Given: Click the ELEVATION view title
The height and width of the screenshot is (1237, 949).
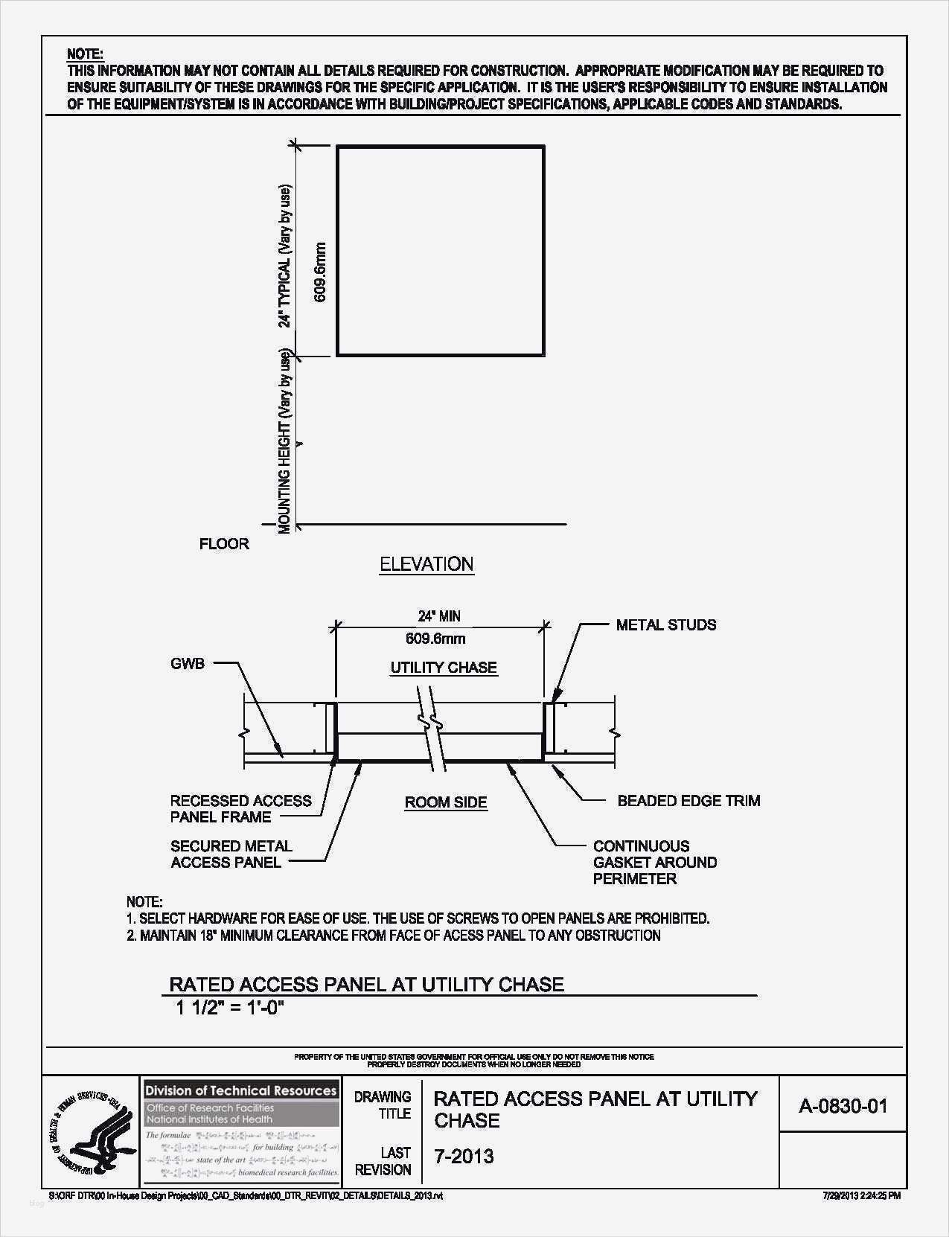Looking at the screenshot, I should click(x=426, y=564).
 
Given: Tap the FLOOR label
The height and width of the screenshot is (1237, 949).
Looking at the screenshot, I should click(x=224, y=544).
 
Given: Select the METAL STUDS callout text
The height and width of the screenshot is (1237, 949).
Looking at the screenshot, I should click(x=666, y=625).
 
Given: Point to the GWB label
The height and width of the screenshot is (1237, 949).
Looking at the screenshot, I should click(x=187, y=663).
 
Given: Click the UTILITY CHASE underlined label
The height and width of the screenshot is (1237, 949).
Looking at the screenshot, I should click(x=444, y=668).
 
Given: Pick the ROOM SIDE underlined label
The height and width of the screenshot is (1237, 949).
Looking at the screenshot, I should click(x=446, y=802).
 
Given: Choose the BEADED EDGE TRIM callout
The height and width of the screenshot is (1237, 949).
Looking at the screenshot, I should click(x=688, y=801).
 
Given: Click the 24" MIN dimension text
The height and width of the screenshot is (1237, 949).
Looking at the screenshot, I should click(x=439, y=616).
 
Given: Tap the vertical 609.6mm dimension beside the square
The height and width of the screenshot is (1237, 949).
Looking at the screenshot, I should click(x=321, y=272).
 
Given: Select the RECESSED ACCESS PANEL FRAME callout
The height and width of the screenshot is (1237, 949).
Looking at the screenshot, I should click(x=240, y=809).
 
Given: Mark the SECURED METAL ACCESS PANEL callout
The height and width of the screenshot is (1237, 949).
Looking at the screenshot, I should click(x=231, y=854).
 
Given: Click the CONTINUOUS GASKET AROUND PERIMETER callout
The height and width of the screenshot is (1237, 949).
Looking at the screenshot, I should click(x=654, y=862).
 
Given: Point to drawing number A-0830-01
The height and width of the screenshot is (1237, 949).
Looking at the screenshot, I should click(x=843, y=1106).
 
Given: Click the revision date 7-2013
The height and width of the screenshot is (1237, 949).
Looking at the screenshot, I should click(x=464, y=1156).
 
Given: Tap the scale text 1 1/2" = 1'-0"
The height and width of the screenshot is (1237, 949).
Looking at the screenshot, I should click(x=231, y=1009).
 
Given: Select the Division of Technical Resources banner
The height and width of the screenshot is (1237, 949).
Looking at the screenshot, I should click(x=241, y=1091).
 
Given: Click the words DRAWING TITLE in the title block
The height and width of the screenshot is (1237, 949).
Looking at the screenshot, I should click(x=383, y=1105).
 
